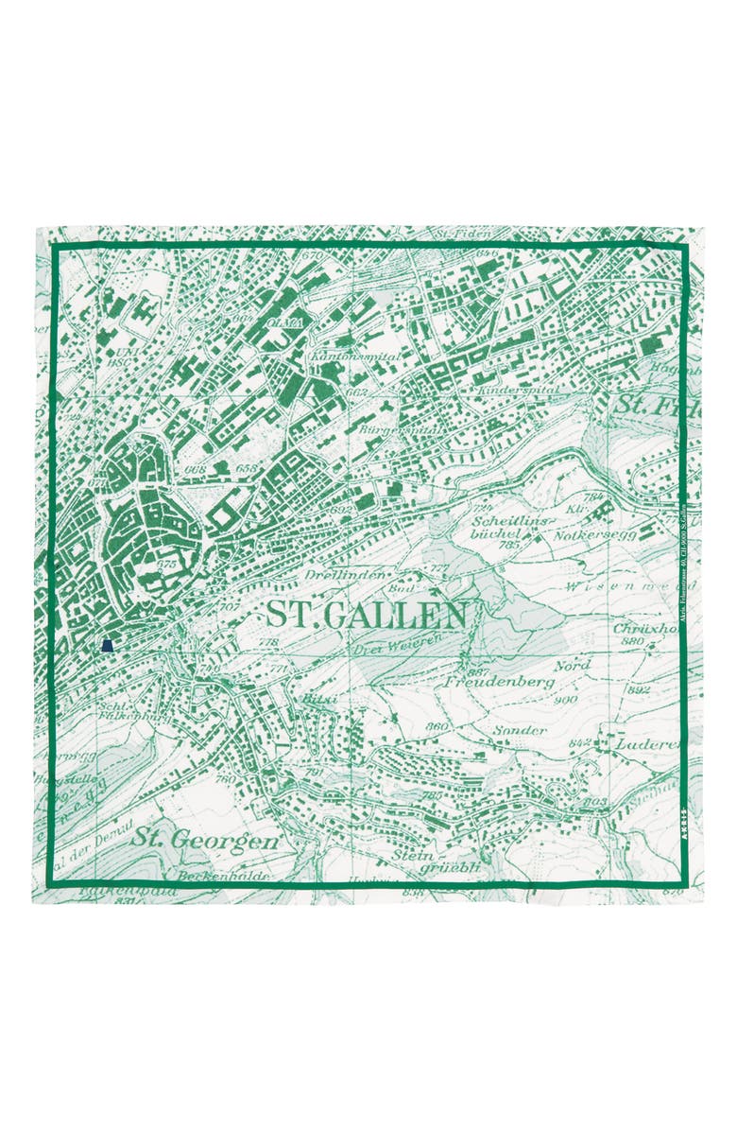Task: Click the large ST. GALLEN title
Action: tap(366, 615)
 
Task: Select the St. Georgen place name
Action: tap(204, 839)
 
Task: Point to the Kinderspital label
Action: tap(520, 389)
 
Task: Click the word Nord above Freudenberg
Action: tap(572, 665)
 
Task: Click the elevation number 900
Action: tap(566, 700)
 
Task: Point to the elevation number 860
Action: tap(437, 726)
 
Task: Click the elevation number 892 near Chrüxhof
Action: tap(638, 690)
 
